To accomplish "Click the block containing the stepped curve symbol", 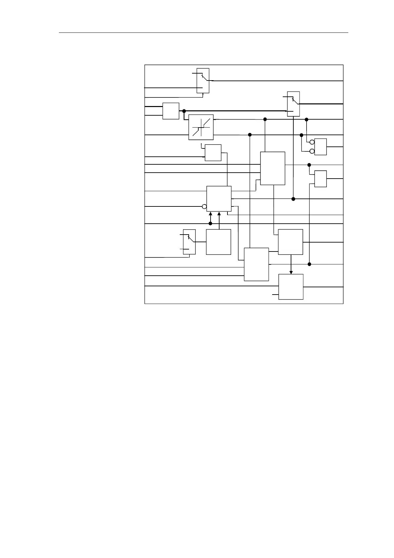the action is pyautogui.click(x=201, y=127).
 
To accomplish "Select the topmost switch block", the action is pyautogui.click(x=203, y=81).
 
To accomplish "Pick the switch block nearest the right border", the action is pyautogui.click(x=293, y=104).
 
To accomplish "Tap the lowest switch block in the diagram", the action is pyautogui.click(x=189, y=242).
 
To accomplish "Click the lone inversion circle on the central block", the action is pyautogui.click(x=204, y=207).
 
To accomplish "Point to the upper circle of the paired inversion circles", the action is pyautogui.click(x=312, y=142).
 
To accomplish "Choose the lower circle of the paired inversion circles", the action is pyautogui.click(x=312, y=151).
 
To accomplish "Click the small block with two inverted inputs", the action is pyautogui.click(x=320, y=147).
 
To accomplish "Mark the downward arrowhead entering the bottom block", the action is pyautogui.click(x=291, y=272).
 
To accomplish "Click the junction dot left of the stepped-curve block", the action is pyautogui.click(x=184, y=111).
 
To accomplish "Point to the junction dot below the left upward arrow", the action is pyautogui.click(x=210, y=224).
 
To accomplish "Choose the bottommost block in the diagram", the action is pyautogui.click(x=291, y=287).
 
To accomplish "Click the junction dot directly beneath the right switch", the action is pyautogui.click(x=293, y=199).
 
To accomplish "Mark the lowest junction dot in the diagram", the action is pyautogui.click(x=310, y=264).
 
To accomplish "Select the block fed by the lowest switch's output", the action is pyautogui.click(x=219, y=242).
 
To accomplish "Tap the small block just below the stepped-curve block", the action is pyautogui.click(x=213, y=153).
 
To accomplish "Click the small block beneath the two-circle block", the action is pyautogui.click(x=320, y=179).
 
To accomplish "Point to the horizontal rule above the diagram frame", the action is pyautogui.click(x=204, y=33).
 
